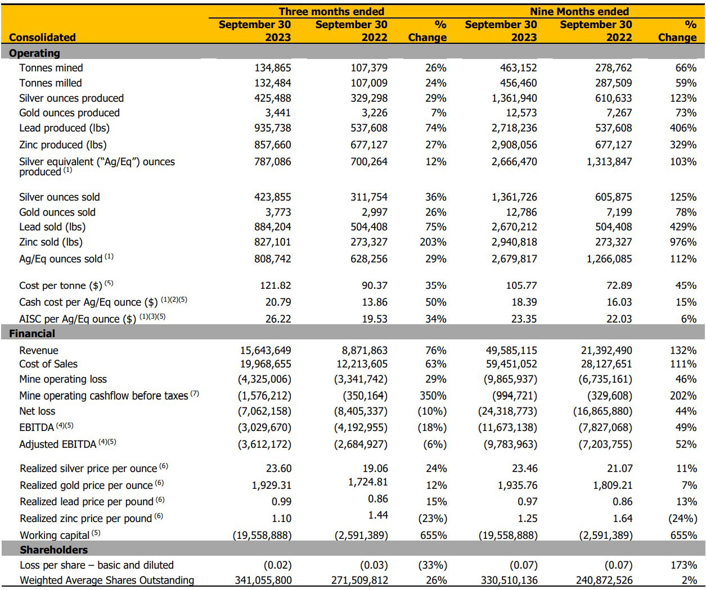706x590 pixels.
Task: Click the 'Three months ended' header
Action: [331, 11]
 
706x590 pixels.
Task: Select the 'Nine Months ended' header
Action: [579, 11]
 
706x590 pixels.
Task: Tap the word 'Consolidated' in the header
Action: [42, 37]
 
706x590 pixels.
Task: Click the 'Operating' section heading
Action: [34, 53]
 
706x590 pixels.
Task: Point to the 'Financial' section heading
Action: [32, 333]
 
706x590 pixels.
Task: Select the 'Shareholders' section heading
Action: [54, 550]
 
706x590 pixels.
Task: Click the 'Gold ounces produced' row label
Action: [69, 113]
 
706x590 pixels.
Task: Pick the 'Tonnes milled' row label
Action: [51, 83]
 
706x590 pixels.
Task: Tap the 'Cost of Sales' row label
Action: [48, 364]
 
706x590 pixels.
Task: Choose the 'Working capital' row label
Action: [55, 535]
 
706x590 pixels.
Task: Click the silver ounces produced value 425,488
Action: [272, 98]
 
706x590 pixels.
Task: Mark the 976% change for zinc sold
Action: [683, 242]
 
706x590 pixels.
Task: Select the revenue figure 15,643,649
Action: [266, 351]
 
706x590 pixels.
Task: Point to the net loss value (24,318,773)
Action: [507, 411]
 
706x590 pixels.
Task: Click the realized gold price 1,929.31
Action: [272, 485]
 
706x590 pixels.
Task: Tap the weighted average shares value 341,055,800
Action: [263, 580]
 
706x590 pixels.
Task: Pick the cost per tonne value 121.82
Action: [275, 285]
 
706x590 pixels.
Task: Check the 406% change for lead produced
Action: [683, 128]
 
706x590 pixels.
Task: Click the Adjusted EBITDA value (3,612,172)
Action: [264, 444]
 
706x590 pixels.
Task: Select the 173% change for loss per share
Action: [683, 565]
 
